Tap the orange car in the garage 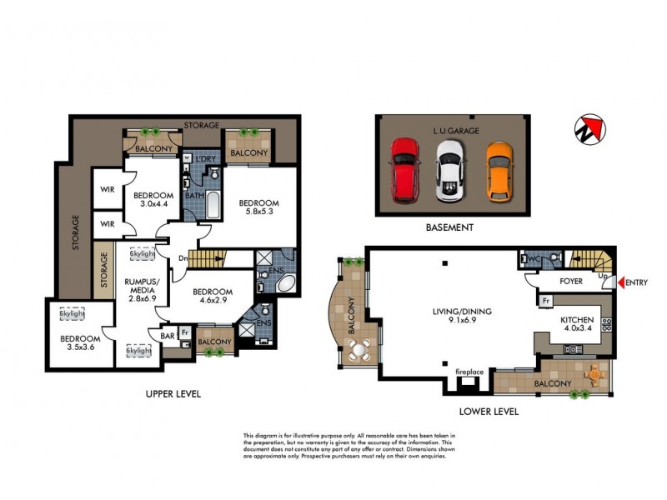pos(499,169)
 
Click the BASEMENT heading pos(451,227)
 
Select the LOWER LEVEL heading pos(489,411)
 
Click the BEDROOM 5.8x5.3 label pos(258,207)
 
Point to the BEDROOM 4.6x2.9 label pos(212,297)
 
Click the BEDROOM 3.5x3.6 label pos(80,343)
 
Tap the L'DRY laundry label pos(205,159)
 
